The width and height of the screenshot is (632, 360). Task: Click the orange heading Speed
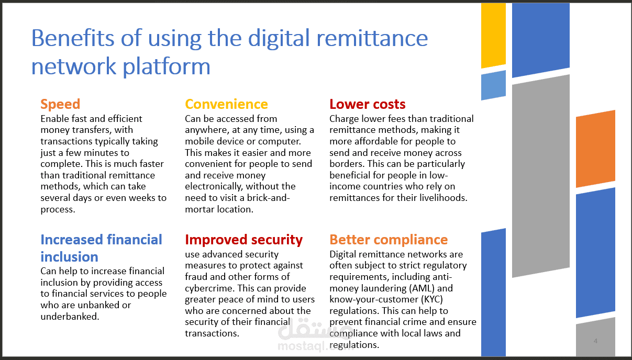[x=60, y=105]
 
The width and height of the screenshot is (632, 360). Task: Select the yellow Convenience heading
[x=226, y=104]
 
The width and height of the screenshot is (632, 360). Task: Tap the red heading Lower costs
[x=368, y=104]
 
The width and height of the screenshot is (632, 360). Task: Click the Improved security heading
[x=244, y=240]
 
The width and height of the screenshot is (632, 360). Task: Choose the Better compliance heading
[x=389, y=240]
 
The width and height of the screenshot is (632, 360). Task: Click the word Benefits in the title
[x=73, y=38]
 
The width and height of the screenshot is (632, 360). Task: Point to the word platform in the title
[x=167, y=67]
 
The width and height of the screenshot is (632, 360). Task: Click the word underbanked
[x=70, y=317]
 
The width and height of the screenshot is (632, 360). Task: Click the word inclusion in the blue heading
[x=70, y=257]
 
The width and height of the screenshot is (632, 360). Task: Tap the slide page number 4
[x=595, y=341]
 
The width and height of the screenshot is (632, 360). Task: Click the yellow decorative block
[x=493, y=35]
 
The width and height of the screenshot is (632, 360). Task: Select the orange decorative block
[x=595, y=149]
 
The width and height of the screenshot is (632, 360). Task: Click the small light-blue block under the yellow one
[x=493, y=85]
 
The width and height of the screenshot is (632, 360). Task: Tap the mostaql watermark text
[x=315, y=346]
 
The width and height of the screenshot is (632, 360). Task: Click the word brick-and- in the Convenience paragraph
[x=268, y=198]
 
